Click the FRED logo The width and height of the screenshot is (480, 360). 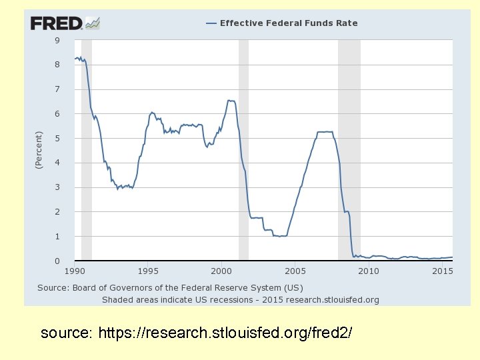65,23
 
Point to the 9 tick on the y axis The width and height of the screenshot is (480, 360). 57,40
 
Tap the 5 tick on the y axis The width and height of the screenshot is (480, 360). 57,139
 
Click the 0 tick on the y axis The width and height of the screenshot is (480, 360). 57,261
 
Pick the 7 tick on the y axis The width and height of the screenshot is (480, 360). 57,89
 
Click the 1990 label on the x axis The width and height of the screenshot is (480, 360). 75,271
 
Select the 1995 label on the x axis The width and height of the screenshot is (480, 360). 148,271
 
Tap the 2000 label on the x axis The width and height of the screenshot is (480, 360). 221,271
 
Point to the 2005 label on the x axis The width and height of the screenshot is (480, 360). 295,271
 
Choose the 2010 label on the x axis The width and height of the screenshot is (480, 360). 369,271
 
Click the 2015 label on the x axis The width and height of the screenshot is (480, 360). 442,271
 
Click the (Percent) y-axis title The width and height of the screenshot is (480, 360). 39,149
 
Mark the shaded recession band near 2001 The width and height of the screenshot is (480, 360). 243,150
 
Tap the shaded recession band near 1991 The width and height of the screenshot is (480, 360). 87,150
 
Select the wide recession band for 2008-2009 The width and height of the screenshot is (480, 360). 349,150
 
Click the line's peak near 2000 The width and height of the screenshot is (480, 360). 230,101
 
